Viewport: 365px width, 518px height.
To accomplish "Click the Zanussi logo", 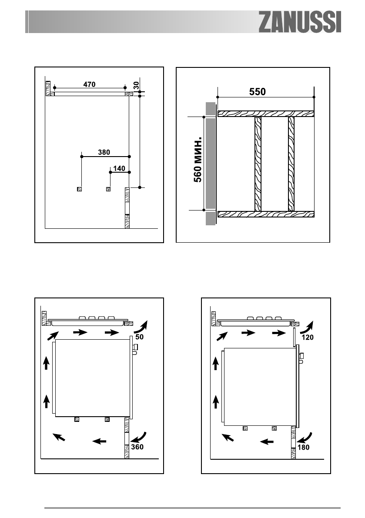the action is click(300, 22).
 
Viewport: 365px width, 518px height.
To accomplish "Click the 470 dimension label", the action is click(90, 84).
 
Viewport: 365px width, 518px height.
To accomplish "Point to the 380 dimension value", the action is click(104, 152).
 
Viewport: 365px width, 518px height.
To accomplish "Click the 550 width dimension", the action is click(257, 92).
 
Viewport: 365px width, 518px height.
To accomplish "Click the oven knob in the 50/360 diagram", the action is click(135, 348).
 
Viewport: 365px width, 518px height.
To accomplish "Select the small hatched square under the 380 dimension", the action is click(79, 189).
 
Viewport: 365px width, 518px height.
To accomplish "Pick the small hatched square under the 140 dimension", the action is click(108, 189).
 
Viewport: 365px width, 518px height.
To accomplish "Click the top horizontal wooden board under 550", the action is click(266, 114).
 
